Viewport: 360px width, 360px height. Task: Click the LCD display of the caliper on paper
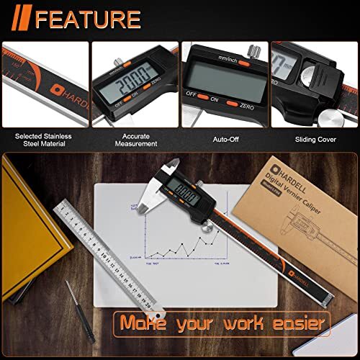point(188,194)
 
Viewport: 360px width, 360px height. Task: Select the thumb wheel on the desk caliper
point(207,230)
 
